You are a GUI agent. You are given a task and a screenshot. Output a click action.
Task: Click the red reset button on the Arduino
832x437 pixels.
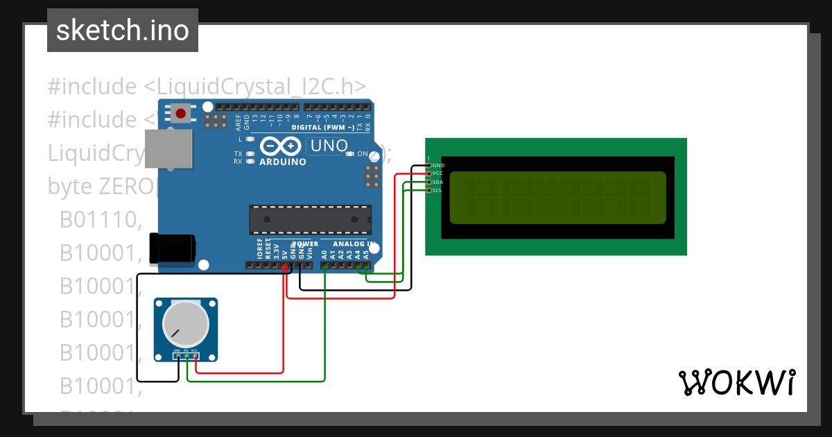click(x=182, y=113)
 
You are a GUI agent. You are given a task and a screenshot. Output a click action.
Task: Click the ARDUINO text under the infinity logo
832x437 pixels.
click(x=282, y=162)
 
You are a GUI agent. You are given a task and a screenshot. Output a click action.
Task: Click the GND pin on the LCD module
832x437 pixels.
click(x=437, y=166)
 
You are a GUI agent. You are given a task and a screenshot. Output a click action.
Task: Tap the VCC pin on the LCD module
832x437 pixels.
click(x=437, y=173)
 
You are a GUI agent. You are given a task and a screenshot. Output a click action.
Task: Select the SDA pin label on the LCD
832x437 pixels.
click(x=437, y=182)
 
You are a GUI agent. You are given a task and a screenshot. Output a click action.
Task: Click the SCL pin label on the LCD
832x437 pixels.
click(x=437, y=190)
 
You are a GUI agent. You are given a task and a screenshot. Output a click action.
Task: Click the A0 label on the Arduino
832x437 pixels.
click(x=324, y=255)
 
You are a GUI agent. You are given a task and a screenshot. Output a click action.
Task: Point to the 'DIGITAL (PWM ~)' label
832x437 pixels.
click(x=323, y=128)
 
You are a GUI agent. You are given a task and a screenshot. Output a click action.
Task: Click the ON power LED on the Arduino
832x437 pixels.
click(x=350, y=153)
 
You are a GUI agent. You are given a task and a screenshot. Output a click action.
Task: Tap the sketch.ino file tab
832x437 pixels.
click(x=123, y=31)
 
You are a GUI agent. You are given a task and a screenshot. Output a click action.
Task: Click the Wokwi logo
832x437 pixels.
click(x=736, y=382)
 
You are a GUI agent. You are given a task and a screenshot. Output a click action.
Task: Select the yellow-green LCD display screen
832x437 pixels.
click(x=557, y=198)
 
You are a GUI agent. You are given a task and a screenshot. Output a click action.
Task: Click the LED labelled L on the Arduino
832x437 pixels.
click(x=250, y=139)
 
